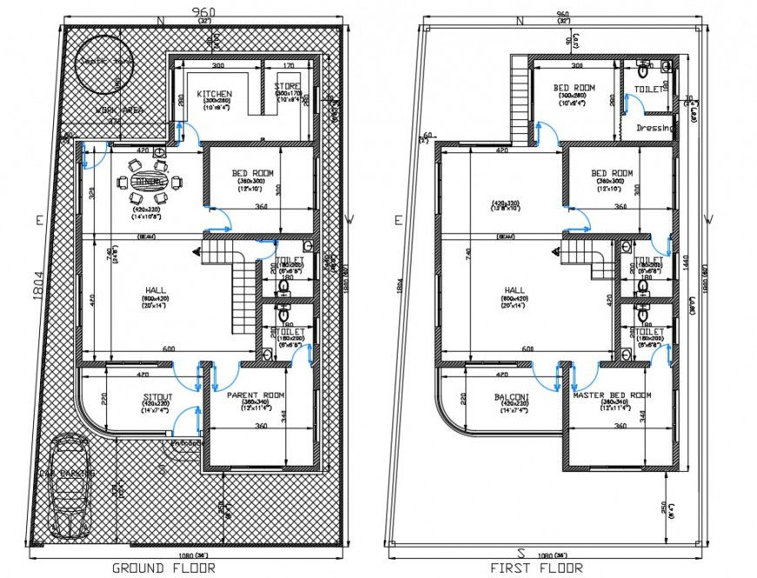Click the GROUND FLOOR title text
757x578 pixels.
(164, 568)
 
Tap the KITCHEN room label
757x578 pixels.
(214, 94)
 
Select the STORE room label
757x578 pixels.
(288, 87)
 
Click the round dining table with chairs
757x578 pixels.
(153, 181)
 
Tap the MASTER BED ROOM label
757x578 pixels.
(612, 395)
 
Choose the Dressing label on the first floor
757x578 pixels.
(654, 128)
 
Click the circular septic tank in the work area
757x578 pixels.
(103, 62)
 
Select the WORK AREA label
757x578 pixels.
(119, 111)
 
